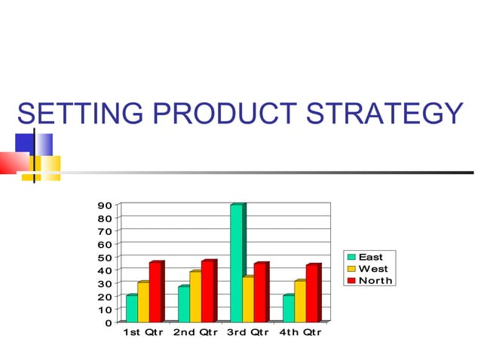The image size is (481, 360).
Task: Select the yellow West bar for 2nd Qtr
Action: pos(195,295)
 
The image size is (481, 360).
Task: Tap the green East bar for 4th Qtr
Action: pos(288,307)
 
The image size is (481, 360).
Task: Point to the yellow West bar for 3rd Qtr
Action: pos(248,299)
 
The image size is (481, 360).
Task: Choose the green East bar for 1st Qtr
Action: pos(132,307)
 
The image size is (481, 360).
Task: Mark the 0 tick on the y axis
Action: pos(108,322)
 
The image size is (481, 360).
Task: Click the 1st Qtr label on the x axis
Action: pos(143,332)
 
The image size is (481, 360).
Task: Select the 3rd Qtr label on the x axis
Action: pos(248,332)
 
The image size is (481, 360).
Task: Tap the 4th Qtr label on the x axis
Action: pos(300,332)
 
